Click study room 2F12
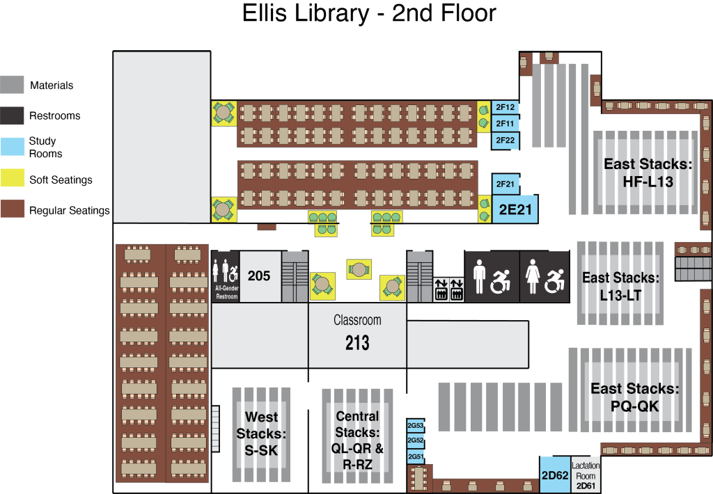(506, 107)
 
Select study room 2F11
(506, 124)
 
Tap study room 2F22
(506, 141)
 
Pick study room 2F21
(506, 184)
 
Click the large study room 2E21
(515, 209)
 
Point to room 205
(260, 276)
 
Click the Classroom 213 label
(357, 335)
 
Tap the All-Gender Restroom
(226, 276)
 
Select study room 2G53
(415, 426)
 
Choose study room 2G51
(415, 456)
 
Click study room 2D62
(555, 475)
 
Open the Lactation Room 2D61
(586, 475)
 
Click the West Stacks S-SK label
(261, 433)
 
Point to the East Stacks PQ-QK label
(635, 397)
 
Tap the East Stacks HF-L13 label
(648, 173)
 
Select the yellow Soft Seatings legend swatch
(13, 178)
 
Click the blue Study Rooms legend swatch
(13, 147)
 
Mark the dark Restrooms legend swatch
(13, 116)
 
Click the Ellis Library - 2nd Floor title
(369, 13)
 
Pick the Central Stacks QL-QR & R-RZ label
(357, 440)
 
